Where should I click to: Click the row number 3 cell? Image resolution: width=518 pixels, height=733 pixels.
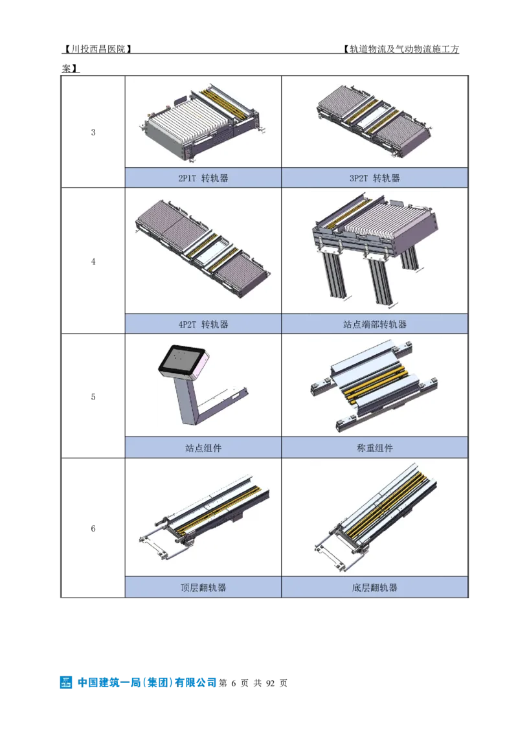[x=93, y=132]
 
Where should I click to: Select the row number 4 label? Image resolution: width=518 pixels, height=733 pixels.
[x=93, y=262]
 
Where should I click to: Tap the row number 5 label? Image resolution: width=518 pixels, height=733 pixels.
[x=93, y=397]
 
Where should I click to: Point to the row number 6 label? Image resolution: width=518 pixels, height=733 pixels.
[x=93, y=529]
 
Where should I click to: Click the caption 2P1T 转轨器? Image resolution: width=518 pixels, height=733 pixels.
[x=203, y=178]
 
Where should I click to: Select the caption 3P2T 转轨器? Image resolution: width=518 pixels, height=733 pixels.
[x=374, y=178]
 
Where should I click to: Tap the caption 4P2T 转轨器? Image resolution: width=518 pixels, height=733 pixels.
[x=203, y=324]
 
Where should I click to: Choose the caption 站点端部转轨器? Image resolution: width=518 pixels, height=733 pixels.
[x=374, y=324]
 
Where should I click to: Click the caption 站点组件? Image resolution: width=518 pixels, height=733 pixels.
[x=203, y=448]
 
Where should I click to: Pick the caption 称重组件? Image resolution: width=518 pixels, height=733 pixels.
[x=374, y=448]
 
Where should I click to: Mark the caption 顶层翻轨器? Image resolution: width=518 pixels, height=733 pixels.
[x=203, y=587]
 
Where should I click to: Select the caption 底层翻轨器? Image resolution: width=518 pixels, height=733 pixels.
[x=374, y=587]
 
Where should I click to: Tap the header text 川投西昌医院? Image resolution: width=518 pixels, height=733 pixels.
[x=97, y=49]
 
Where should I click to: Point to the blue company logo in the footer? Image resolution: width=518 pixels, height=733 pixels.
[x=66, y=682]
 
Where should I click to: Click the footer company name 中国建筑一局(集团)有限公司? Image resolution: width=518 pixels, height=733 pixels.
[x=147, y=682]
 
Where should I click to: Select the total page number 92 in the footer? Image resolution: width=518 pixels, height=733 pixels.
[x=270, y=683]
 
